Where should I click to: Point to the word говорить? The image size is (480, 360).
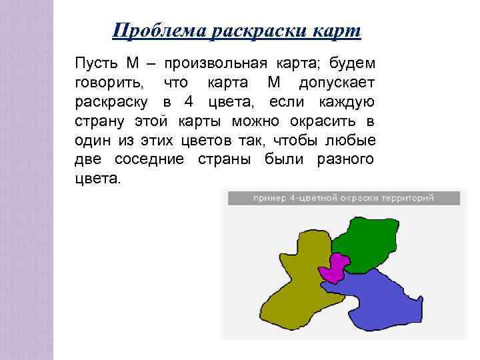click(107, 83)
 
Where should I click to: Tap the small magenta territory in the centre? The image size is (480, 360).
click(335, 267)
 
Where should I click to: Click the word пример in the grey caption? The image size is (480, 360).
click(267, 198)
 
